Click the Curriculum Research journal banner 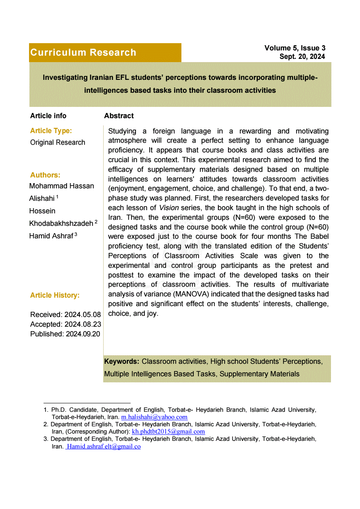pos(83,52)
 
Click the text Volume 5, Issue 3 pos(295,48)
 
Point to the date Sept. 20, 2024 pos(302,57)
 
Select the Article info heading pos(48,116)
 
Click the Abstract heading pos(119,116)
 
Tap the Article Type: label pos(51,131)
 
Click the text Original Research pos(58,142)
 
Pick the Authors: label pos(45,175)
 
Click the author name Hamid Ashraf pos(51,236)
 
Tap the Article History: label pos(55,295)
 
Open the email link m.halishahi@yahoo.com pos(154,417)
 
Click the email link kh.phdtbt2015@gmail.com pos(168,432)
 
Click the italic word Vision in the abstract pos(169,208)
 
